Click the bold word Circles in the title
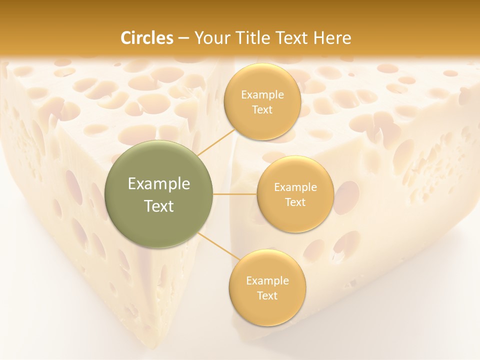pyautogui.click(x=147, y=38)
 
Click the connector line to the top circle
pyautogui.click(x=215, y=141)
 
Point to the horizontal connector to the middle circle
pyautogui.click(x=235, y=194)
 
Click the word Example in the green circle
pyautogui.click(x=159, y=184)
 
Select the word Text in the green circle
pyautogui.click(x=159, y=206)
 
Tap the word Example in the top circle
pyautogui.click(x=262, y=95)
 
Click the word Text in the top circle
pyautogui.click(x=262, y=110)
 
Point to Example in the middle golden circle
pyautogui.click(x=295, y=187)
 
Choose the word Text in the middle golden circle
pyautogui.click(x=295, y=202)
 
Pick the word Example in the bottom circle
pyautogui.click(x=267, y=281)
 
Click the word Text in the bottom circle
pyautogui.click(x=267, y=296)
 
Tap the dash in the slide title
pyautogui.click(x=183, y=38)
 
